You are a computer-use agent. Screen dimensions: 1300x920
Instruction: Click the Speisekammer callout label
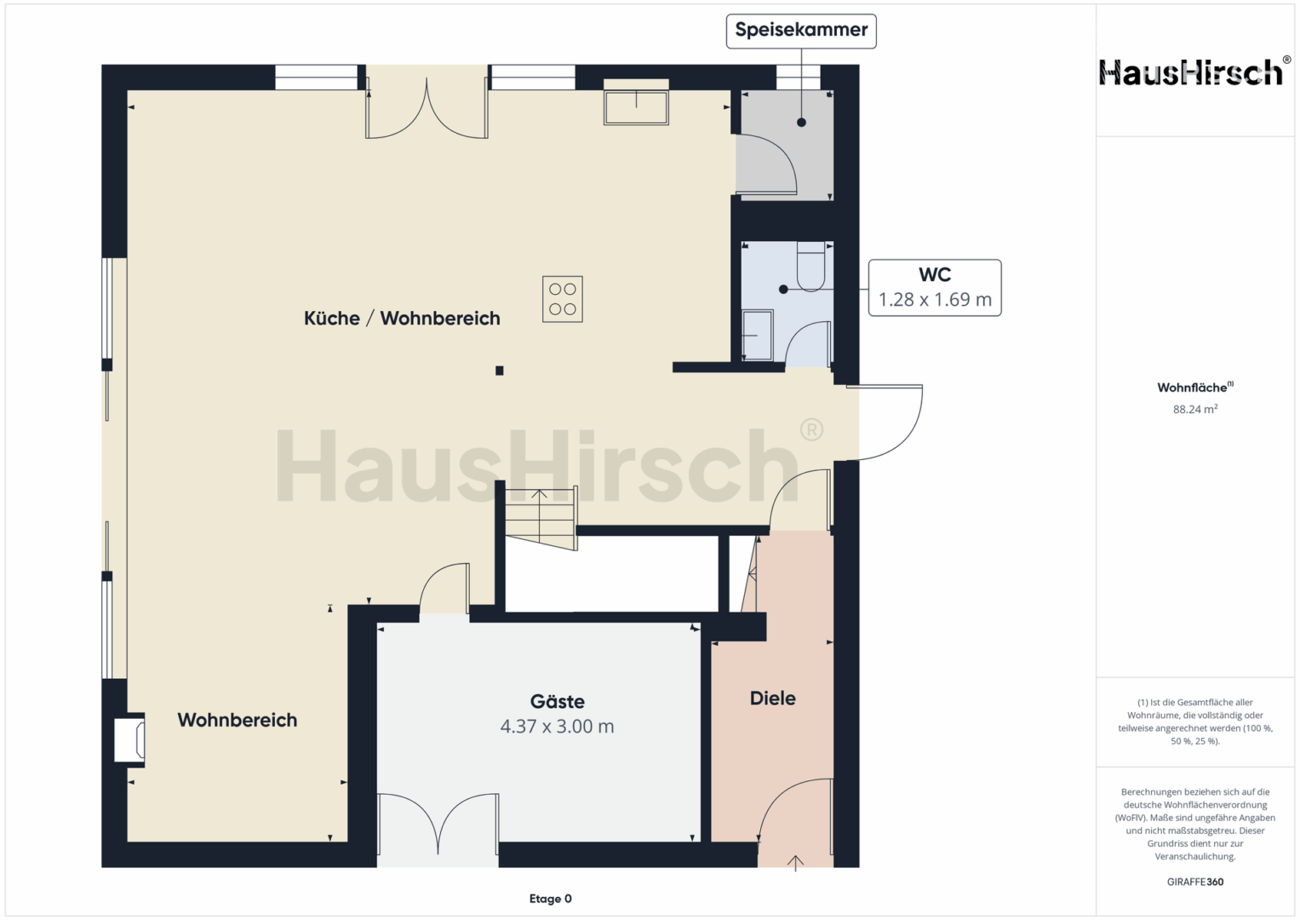pos(801,31)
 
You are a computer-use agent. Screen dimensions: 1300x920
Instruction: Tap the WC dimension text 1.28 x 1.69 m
pos(935,300)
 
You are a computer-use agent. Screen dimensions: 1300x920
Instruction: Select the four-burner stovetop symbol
pos(563,299)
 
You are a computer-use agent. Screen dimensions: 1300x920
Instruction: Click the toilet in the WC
pos(810,267)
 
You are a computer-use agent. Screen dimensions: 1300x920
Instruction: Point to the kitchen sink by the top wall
pos(636,107)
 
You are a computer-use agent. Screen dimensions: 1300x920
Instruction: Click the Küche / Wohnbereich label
pos(402,319)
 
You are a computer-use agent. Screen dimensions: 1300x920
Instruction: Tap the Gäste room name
pos(557,702)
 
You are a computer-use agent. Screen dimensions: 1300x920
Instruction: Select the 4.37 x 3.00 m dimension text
pos(557,727)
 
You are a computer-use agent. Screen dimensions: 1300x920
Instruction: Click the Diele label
pos(772,699)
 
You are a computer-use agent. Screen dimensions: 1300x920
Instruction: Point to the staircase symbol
pos(541,518)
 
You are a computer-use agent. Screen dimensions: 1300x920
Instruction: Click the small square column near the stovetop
pos(499,371)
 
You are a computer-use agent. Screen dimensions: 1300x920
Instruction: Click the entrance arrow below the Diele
pos(795,863)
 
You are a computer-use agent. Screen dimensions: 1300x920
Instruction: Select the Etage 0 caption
pos(550,899)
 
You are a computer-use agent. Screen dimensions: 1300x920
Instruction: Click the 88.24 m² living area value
pos(1195,409)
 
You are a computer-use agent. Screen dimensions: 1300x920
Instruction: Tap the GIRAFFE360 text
pos(1195,882)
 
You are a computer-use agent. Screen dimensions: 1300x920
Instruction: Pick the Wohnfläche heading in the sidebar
pos(1195,388)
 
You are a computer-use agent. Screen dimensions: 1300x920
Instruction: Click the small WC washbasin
pos(758,335)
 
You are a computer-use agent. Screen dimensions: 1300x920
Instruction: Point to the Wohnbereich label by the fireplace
pos(238,720)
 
